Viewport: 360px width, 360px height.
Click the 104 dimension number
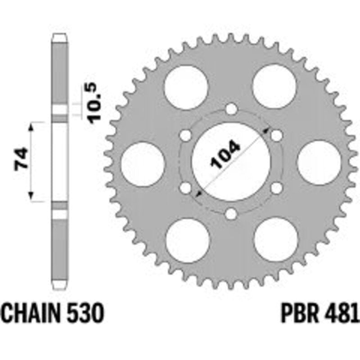coord(225,154)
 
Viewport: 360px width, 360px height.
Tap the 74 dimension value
coord(21,160)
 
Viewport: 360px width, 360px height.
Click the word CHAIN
coord(31,313)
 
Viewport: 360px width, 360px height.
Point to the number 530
coord(85,313)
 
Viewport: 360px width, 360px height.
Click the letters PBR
coord(300,313)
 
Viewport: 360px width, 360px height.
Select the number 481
coord(341,313)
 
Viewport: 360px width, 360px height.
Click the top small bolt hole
coord(231,109)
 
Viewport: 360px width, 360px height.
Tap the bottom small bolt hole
coord(231,214)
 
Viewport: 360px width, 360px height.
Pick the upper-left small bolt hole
coord(185,135)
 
